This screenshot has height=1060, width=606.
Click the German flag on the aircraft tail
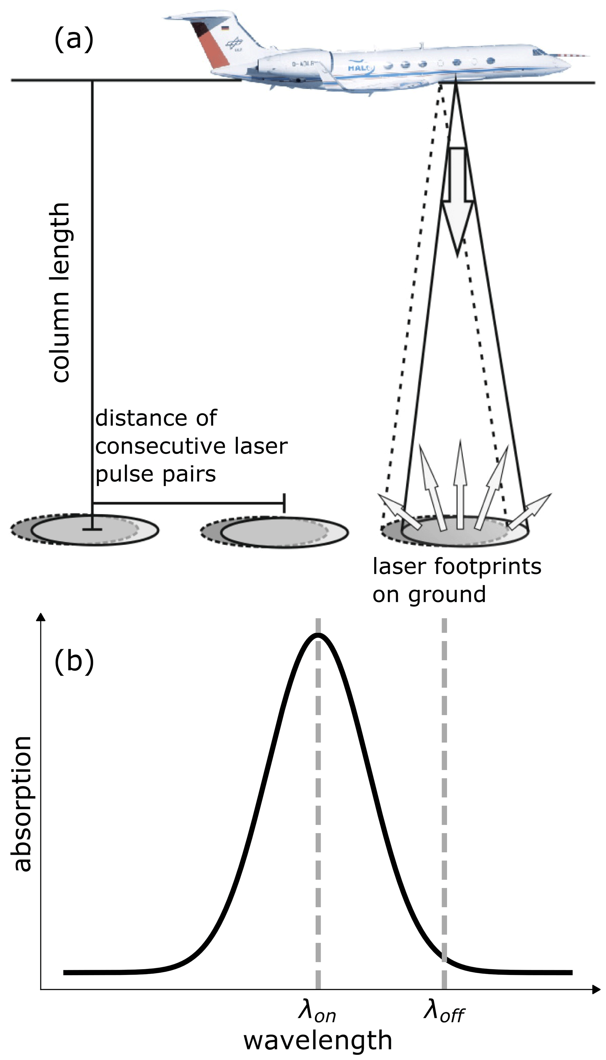tap(225, 28)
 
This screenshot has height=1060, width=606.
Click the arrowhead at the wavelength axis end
tap(596, 990)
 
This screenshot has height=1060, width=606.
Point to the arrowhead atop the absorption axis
tap(41, 616)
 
